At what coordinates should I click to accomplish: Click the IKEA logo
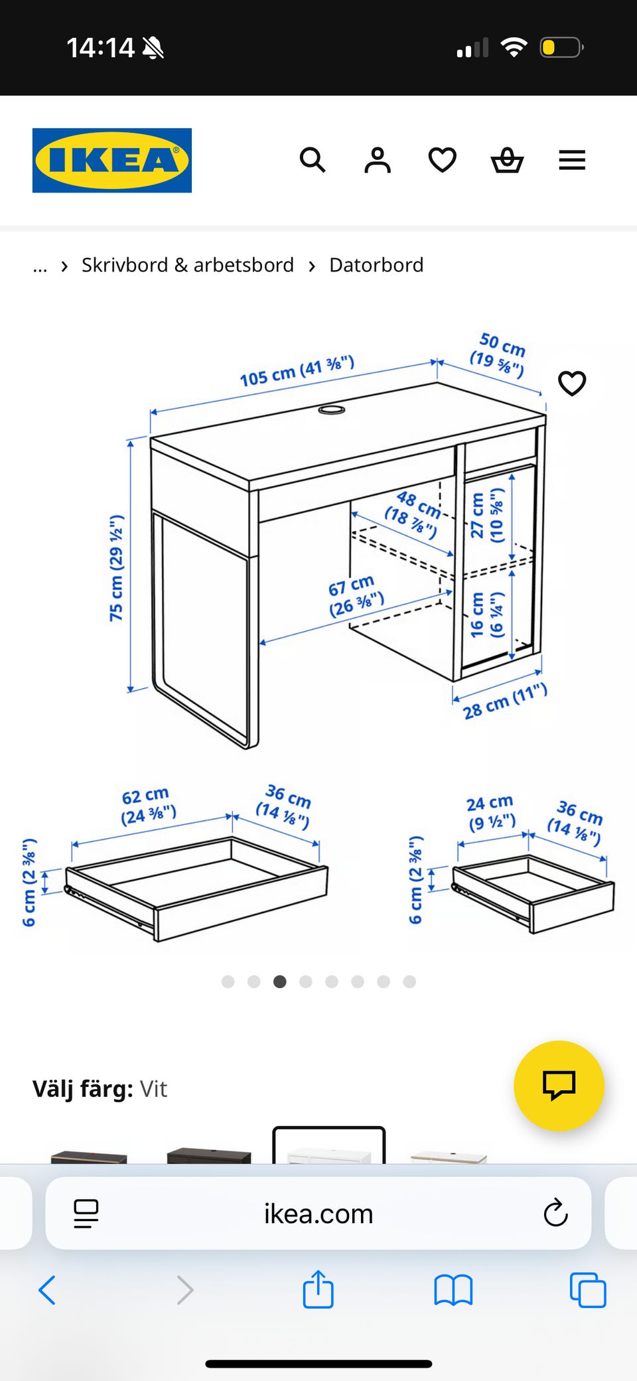pyautogui.click(x=112, y=161)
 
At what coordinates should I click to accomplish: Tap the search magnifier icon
pyautogui.click(x=313, y=160)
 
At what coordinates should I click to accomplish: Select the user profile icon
pyautogui.click(x=378, y=160)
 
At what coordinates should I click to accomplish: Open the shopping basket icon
pyautogui.click(x=507, y=160)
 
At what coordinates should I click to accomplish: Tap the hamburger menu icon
pyautogui.click(x=572, y=160)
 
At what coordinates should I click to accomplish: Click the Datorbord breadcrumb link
pyautogui.click(x=376, y=265)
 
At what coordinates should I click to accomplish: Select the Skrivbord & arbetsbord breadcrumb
pyautogui.click(x=188, y=265)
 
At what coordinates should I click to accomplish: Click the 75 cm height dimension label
pyautogui.click(x=116, y=568)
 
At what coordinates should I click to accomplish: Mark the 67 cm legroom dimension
pyautogui.click(x=355, y=595)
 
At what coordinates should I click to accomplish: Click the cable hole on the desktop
pyautogui.click(x=332, y=409)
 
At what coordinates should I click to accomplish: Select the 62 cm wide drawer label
pyautogui.click(x=148, y=805)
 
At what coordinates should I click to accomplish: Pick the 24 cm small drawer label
pyautogui.click(x=491, y=813)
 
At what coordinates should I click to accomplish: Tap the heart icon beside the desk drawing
pyautogui.click(x=572, y=383)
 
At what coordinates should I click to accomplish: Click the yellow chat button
pyautogui.click(x=559, y=1086)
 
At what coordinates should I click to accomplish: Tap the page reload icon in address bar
pyautogui.click(x=555, y=1213)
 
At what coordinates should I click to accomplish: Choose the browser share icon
pyautogui.click(x=318, y=1289)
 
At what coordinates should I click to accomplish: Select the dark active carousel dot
pyautogui.click(x=280, y=981)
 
